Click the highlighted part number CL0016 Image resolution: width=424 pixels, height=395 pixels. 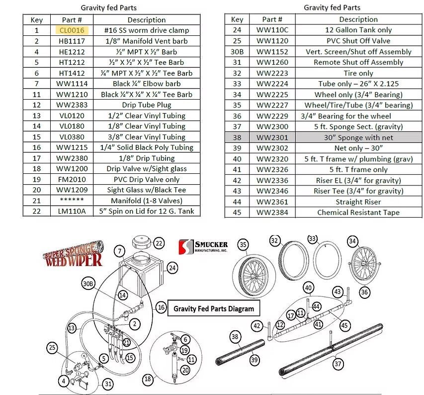click(x=72, y=30)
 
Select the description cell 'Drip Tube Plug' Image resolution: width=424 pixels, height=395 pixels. click(x=146, y=105)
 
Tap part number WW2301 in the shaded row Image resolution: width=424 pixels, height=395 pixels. click(x=272, y=137)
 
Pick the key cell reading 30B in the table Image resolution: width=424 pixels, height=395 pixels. click(x=237, y=52)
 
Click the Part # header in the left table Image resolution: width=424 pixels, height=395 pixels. click(x=72, y=20)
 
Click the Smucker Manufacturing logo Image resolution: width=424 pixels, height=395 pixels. click(x=204, y=247)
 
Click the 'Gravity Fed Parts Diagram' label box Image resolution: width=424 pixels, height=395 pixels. click(x=213, y=309)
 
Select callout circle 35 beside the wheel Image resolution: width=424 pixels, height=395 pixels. click(x=243, y=245)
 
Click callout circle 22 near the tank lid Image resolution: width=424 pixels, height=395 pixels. click(x=158, y=244)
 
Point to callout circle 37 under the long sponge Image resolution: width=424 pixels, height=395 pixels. click(x=338, y=364)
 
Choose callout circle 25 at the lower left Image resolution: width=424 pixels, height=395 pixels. click(x=53, y=347)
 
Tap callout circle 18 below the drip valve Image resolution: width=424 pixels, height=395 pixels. click(x=147, y=379)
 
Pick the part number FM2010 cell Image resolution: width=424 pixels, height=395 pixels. click(x=72, y=179)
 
